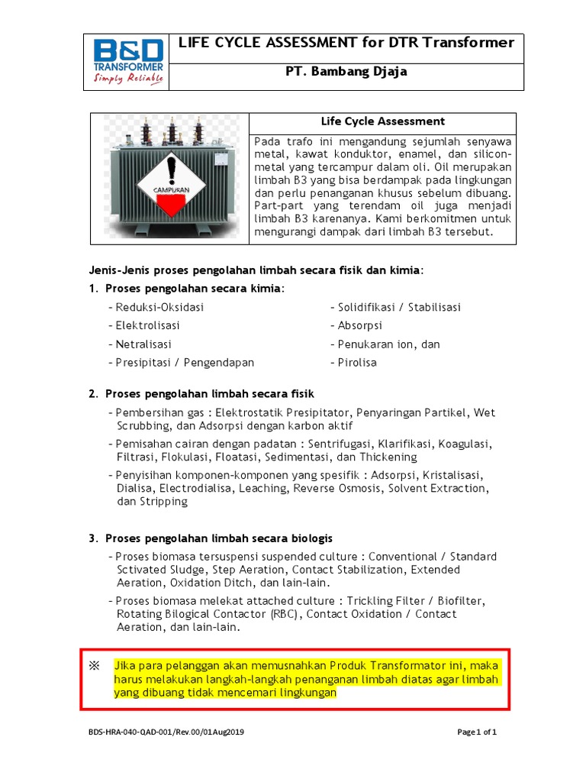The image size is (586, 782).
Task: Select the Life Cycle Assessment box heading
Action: (x=383, y=121)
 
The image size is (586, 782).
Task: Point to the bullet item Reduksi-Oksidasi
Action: (x=159, y=307)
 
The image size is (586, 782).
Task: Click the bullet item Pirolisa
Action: (x=357, y=363)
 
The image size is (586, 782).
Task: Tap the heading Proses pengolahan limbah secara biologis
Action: (x=219, y=538)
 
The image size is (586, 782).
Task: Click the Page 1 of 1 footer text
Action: (x=477, y=732)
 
